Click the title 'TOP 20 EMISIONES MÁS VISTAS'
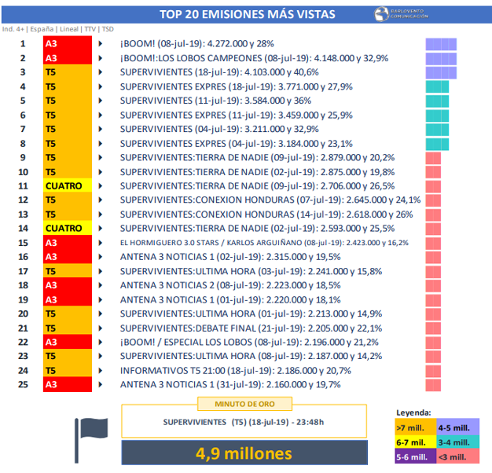coord(247,14)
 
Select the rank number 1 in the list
coord(24,44)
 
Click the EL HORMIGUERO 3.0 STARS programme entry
coord(264,243)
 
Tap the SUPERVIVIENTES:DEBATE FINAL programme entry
coord(251,328)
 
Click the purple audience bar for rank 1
coord(441,44)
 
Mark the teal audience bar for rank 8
coord(437,144)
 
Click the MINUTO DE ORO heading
coord(244,404)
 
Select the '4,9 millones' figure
coord(244,454)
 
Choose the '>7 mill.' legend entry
coord(413,427)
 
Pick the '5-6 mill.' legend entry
coord(413,456)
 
